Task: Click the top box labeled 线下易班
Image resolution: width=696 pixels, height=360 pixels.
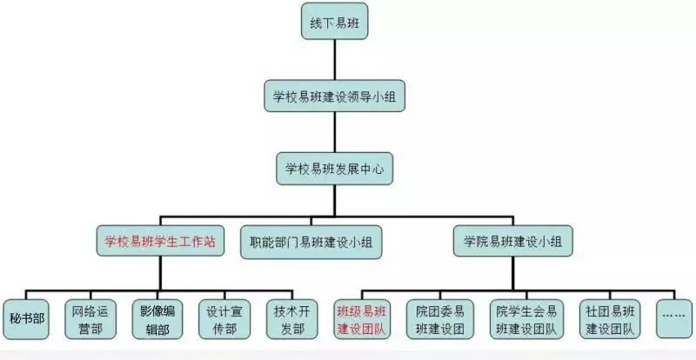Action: (335, 21)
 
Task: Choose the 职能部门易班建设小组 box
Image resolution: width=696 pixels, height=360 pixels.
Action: (311, 242)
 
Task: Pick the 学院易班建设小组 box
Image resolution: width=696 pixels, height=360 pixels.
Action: (513, 241)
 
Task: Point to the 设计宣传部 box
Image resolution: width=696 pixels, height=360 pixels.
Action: (224, 319)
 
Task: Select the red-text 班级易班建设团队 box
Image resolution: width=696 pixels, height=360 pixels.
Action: (365, 319)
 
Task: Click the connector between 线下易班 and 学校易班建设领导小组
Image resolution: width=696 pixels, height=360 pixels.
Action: (335, 59)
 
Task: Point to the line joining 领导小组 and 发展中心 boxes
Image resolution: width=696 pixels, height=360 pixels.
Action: (335, 131)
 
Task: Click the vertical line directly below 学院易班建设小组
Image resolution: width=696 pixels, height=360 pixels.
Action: (513, 274)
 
